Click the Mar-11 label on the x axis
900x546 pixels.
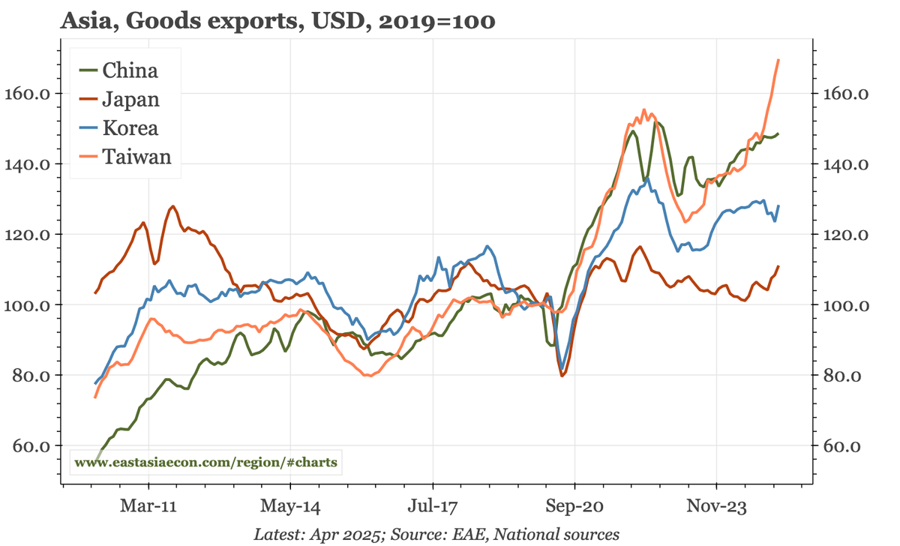(148, 505)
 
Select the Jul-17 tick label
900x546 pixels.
(432, 505)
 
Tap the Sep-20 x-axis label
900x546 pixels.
(574, 505)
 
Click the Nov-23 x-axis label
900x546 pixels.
(716, 505)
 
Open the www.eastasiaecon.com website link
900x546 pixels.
(205, 463)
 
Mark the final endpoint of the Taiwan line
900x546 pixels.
(778, 60)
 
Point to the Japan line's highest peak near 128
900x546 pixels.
(173, 206)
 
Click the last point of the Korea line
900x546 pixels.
(778, 206)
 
